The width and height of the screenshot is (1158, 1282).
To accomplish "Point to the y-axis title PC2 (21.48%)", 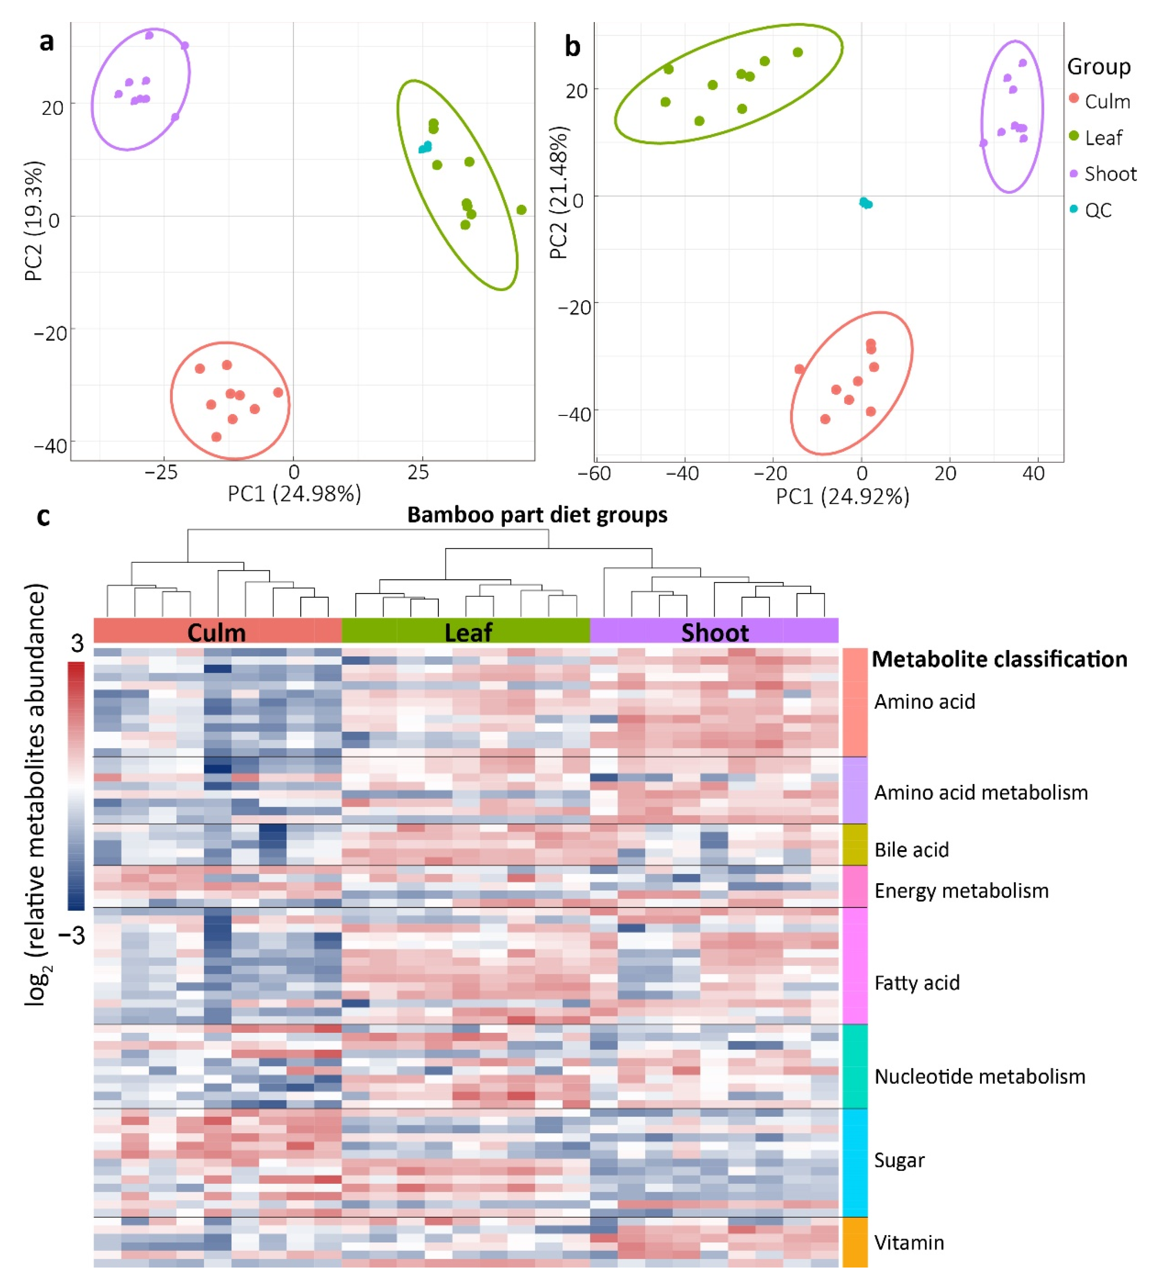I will pos(558,193).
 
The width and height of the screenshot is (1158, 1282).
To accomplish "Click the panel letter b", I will pos(572,46).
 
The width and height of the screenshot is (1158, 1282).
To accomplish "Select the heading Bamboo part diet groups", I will pos(537,514).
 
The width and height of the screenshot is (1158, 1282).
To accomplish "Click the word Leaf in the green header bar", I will pos(468,633).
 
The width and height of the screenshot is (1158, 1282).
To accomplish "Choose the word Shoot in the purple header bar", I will pos(714,633).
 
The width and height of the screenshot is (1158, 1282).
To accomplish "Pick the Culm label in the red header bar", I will pos(216,633).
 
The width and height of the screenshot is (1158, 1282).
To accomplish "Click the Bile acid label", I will pos(911,850).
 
